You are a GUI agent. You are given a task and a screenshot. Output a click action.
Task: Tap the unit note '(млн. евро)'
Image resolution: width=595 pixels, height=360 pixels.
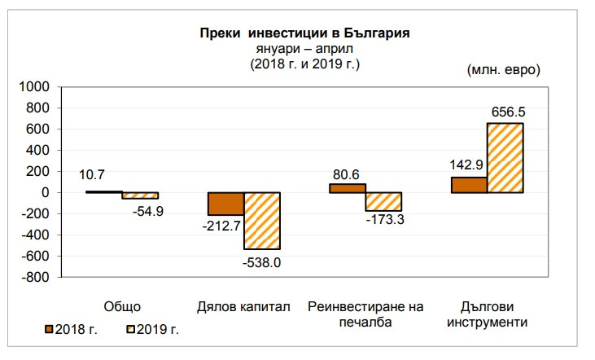tap(503, 70)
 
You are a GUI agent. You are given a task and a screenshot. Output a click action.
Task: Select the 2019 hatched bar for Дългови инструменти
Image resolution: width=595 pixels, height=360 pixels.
tap(505, 157)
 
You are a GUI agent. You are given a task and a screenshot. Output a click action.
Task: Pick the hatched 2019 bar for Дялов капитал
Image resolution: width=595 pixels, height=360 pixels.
tap(261, 221)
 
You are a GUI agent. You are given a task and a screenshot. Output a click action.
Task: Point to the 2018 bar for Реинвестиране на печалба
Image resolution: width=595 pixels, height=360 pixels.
tap(347, 187)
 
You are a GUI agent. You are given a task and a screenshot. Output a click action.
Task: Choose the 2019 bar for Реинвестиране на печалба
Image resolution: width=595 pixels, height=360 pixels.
tap(383, 201)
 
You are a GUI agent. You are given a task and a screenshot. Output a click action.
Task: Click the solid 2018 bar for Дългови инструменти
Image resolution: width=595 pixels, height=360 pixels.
tap(469, 185)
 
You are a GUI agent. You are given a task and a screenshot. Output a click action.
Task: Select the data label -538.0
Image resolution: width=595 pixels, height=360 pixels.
tap(263, 262)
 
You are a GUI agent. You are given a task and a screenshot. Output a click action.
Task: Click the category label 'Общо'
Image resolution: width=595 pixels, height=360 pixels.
tap(123, 307)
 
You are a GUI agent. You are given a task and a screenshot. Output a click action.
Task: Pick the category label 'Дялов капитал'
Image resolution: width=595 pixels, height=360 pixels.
tap(243, 307)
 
